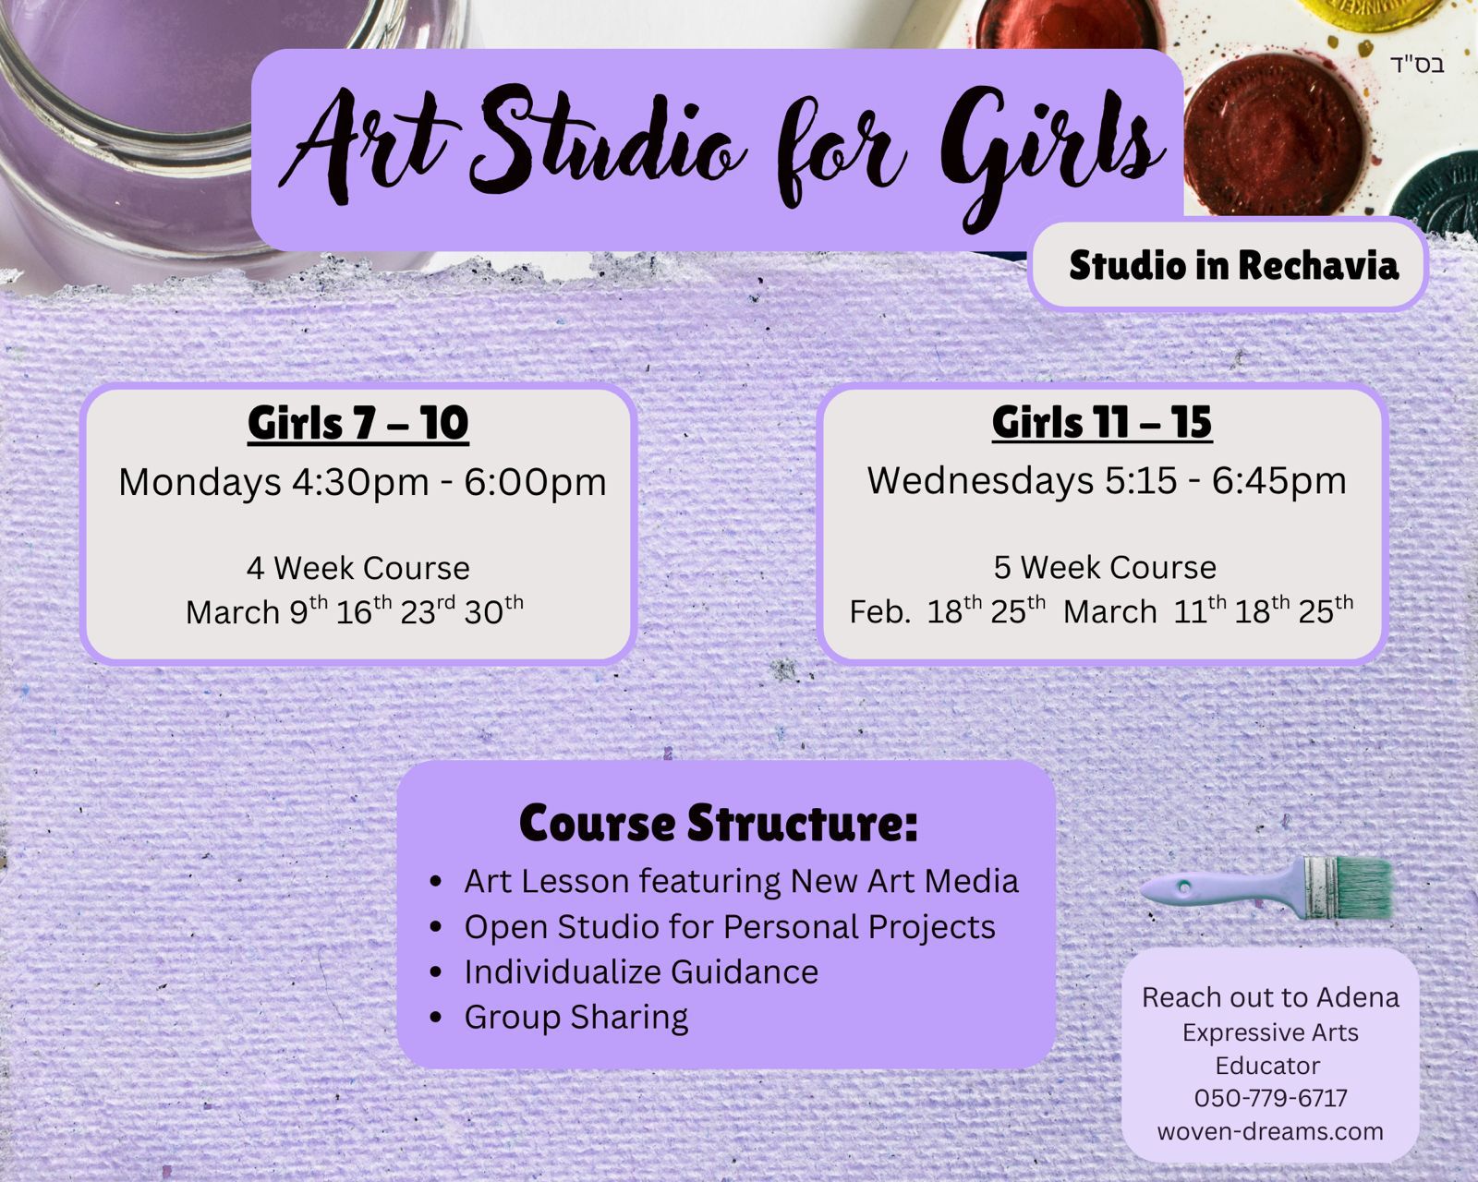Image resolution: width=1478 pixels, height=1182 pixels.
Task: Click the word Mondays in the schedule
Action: (200, 482)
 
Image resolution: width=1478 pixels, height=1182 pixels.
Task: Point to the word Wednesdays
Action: (980, 480)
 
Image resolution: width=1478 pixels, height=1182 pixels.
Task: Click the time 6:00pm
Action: (535, 483)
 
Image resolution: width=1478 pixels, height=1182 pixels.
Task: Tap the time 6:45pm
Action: (1278, 481)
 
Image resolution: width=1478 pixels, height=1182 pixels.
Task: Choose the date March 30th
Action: (494, 609)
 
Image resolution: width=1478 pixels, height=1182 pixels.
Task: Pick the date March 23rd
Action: (427, 609)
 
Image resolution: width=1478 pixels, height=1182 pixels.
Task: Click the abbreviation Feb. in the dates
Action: (879, 611)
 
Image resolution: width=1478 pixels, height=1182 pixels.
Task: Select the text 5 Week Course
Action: (1105, 567)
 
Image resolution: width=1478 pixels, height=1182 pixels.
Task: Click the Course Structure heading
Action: (719, 822)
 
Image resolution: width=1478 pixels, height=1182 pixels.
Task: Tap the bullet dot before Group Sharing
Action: (435, 1018)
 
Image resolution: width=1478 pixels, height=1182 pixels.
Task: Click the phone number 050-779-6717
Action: (1270, 1098)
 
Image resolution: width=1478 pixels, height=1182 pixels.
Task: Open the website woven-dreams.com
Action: (1270, 1131)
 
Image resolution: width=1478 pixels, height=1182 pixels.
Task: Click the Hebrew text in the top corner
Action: (1417, 66)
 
